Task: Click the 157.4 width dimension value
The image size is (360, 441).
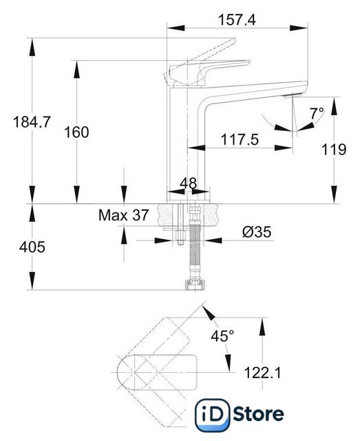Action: pos(237,20)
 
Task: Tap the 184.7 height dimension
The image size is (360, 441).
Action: pos(32,122)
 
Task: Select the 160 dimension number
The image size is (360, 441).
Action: pos(76,132)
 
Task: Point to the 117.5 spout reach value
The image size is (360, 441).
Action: pos(240,139)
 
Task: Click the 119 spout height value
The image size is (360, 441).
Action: pos(334,150)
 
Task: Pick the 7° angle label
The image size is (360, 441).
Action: pos(317,114)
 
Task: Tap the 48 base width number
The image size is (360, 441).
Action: pos(189,183)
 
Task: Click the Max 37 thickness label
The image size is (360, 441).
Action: pos(123,215)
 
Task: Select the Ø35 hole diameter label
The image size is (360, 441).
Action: pos(257,232)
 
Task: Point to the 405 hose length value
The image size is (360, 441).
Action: pos(32,247)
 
